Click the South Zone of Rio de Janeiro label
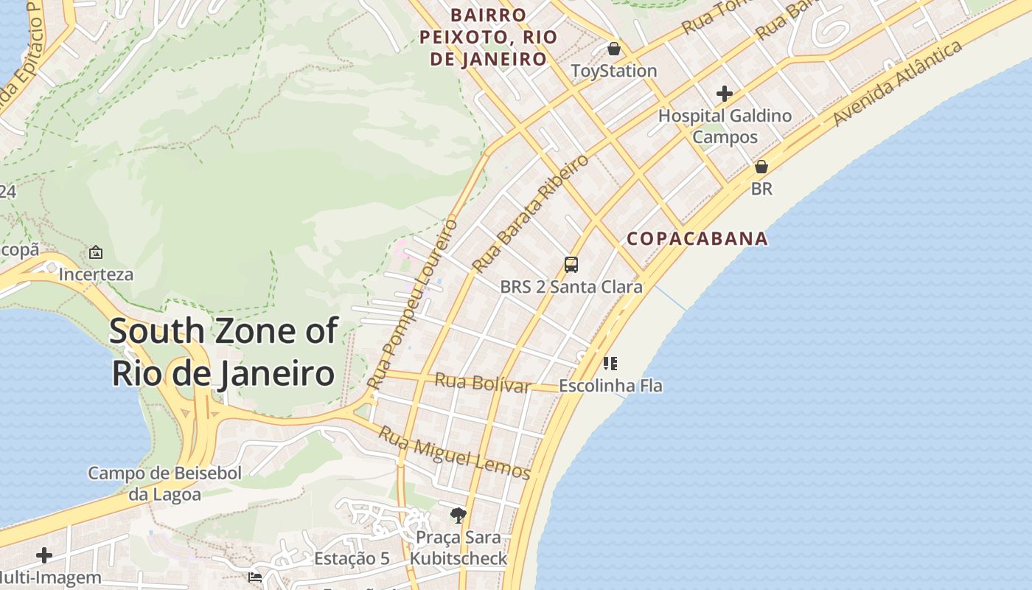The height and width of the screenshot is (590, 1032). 223,353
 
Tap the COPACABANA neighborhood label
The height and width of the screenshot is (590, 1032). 697,239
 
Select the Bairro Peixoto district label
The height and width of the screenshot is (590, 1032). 489,37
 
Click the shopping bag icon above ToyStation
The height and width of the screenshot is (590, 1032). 613,49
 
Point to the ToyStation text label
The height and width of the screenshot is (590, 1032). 614,72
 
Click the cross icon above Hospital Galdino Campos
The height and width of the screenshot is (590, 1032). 725,94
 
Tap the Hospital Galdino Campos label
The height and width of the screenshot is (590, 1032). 725,126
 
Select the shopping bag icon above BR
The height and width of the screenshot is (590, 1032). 761,167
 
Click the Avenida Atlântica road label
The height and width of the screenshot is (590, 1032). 898,83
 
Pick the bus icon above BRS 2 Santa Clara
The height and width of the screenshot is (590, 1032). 571,264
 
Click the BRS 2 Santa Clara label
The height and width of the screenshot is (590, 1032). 571,288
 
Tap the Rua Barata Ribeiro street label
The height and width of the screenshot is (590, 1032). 531,213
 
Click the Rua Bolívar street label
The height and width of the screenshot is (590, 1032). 483,383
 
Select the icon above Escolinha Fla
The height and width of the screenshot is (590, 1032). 610,363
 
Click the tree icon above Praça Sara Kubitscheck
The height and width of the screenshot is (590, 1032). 459,515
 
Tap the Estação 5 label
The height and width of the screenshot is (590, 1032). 352,558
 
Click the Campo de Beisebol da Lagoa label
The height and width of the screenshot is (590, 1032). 165,484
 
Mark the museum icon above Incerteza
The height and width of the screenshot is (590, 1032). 96,252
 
